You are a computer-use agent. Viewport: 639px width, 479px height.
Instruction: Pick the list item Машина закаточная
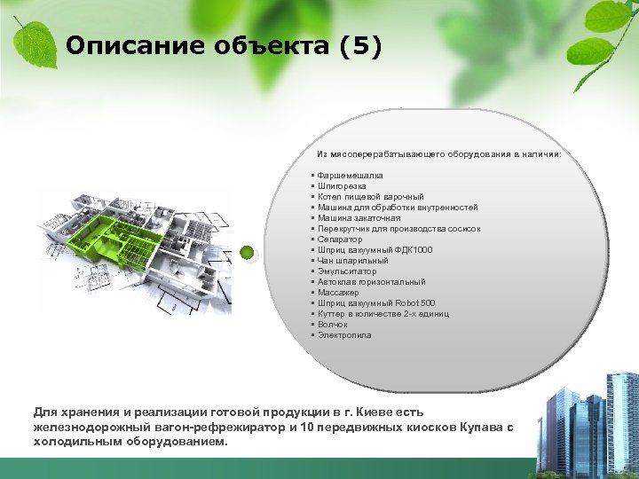tap(359, 218)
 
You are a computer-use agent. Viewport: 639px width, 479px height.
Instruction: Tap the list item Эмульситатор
tap(346, 271)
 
